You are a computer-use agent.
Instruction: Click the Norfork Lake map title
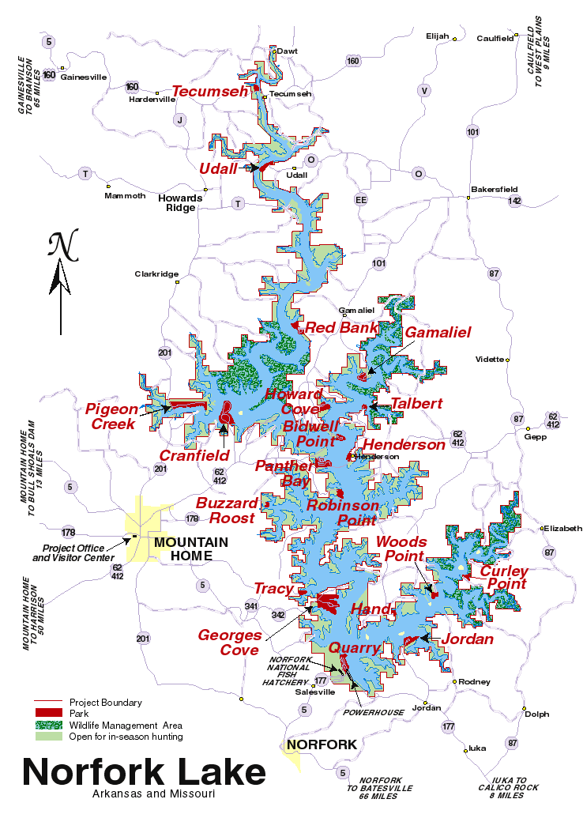point(143,772)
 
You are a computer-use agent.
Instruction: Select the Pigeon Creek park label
point(111,417)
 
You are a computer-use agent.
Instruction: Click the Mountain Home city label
point(190,548)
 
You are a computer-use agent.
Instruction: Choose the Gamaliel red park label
point(438,333)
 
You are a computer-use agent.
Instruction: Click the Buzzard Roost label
point(228,511)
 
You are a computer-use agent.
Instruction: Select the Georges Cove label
point(228,642)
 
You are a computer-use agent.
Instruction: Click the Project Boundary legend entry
point(105,702)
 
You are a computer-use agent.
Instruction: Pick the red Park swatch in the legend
point(47,714)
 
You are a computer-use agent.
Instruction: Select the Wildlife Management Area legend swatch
point(47,725)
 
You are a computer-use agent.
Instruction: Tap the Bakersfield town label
point(494,190)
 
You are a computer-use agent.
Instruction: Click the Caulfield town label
point(495,37)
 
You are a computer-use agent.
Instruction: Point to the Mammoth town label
point(126,196)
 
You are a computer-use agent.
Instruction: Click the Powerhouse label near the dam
point(374,712)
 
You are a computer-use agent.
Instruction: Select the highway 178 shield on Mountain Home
point(192,519)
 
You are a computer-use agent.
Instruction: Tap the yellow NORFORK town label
point(322,744)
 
